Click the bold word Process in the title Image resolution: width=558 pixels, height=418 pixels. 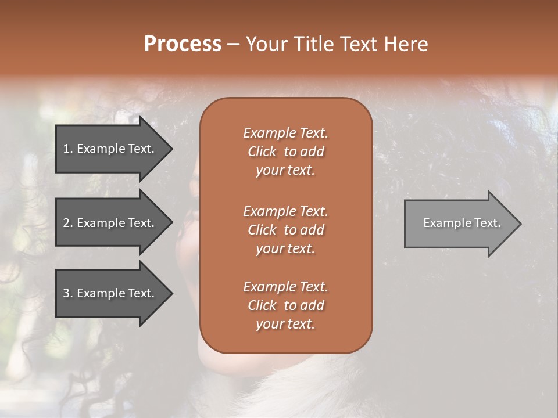coord(183,44)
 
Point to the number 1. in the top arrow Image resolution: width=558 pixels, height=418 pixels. coord(68,149)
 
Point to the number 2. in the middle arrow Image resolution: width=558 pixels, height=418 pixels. coord(68,223)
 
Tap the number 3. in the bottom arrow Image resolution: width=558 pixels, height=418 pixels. coord(68,293)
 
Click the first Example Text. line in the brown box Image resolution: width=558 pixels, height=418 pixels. coord(285,133)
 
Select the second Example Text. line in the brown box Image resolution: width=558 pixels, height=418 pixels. coord(285,211)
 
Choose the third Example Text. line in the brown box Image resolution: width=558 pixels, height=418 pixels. coord(285,287)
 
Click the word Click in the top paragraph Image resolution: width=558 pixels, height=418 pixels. coord(262,152)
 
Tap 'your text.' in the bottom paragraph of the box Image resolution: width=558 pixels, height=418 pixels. coord(285,324)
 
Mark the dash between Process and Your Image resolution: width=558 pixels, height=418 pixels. coord(233,45)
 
